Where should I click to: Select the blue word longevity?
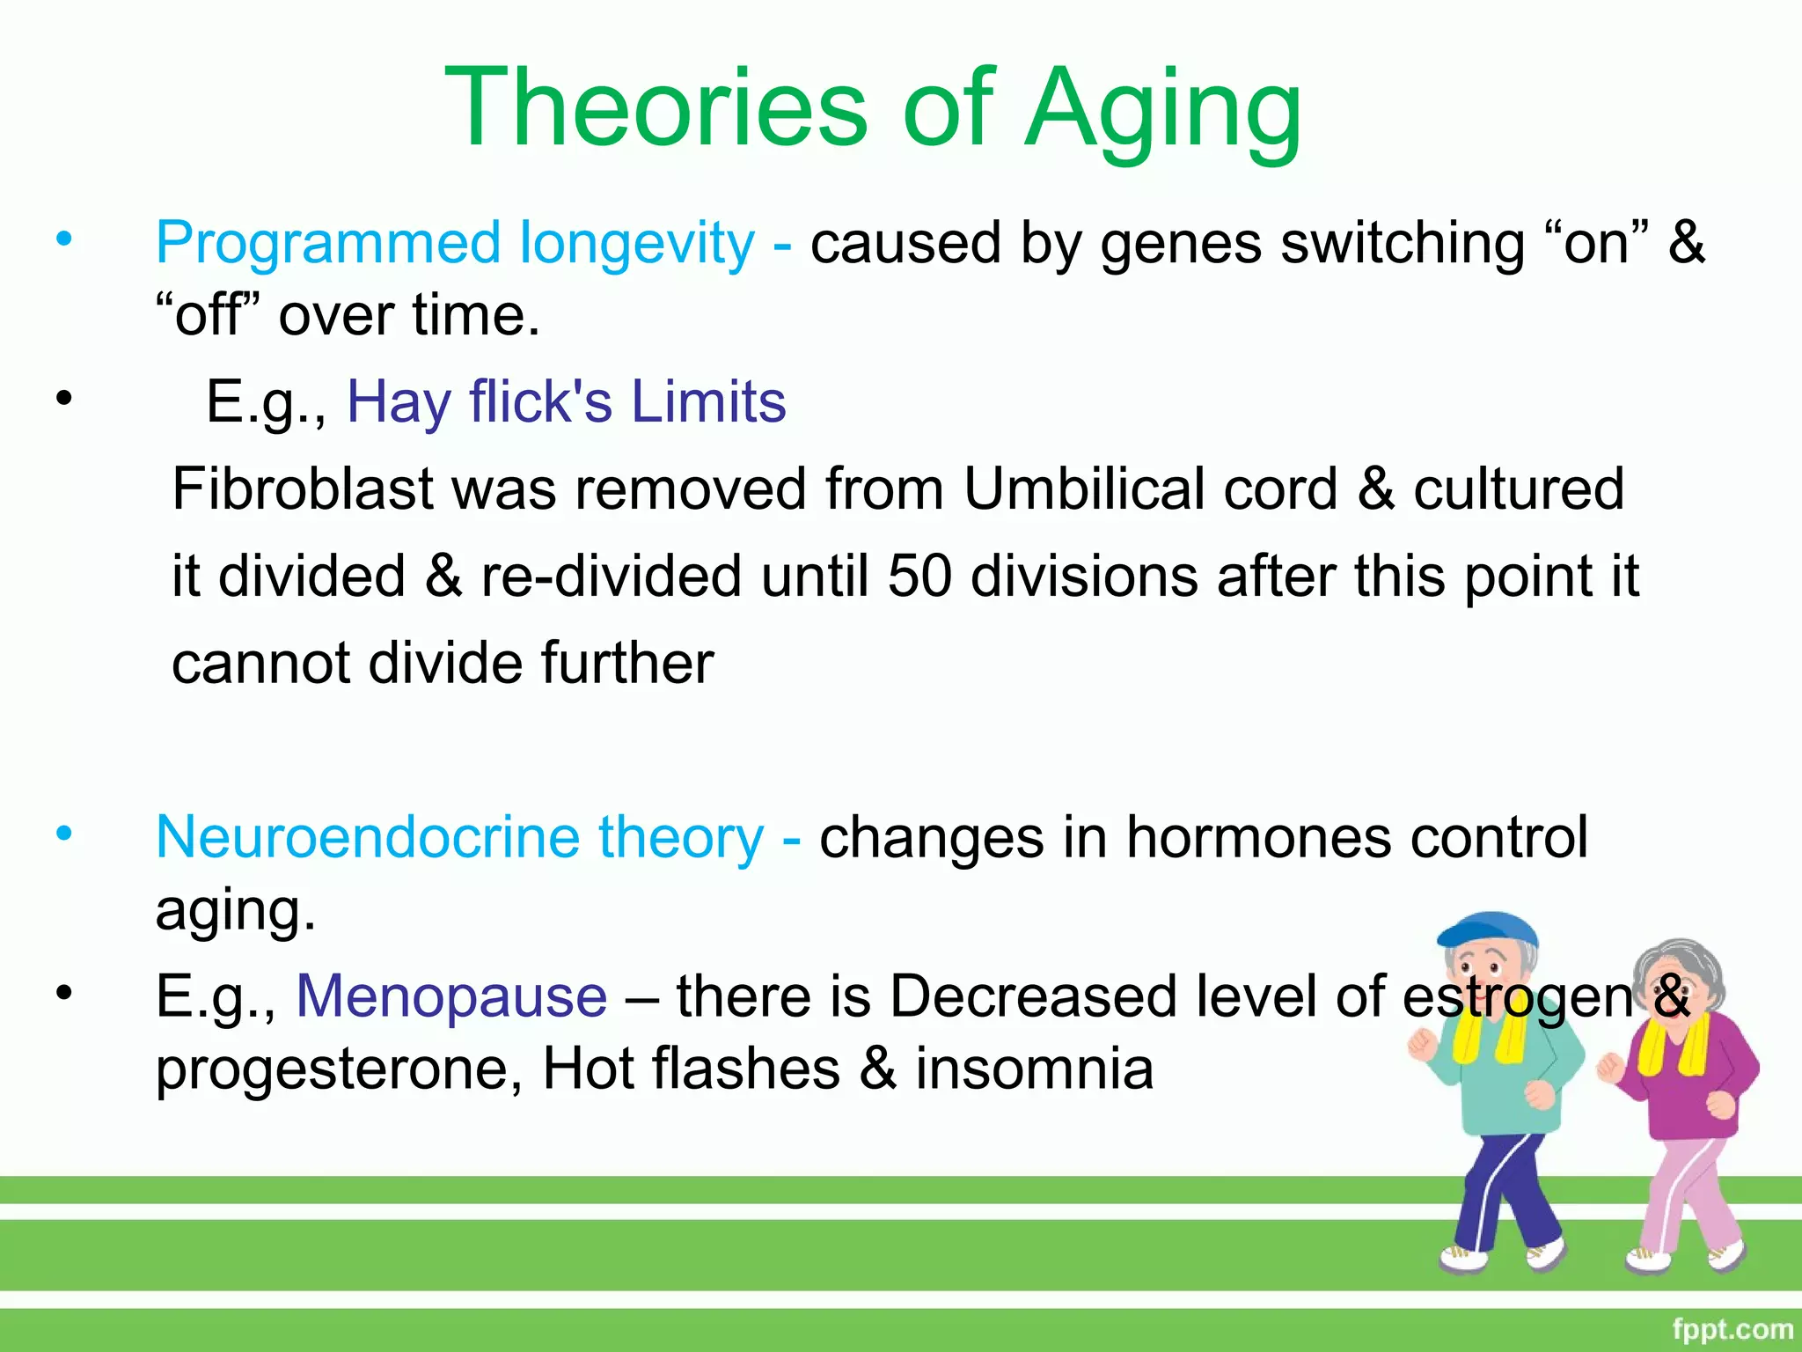pos(636,244)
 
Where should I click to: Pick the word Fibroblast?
pos(302,489)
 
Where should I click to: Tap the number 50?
pos(919,576)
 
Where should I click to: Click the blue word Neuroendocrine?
pos(367,836)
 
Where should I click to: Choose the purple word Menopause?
pos(451,996)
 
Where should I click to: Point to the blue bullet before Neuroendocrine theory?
pos(63,833)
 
